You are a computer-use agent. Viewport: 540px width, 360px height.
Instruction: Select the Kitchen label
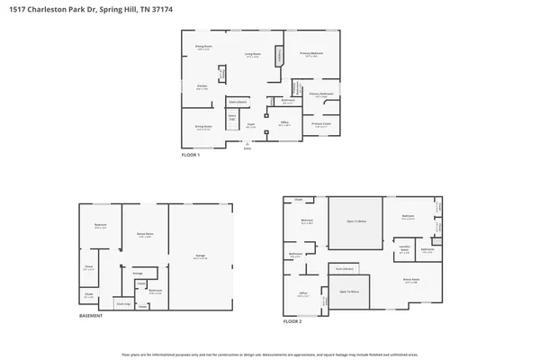(202, 87)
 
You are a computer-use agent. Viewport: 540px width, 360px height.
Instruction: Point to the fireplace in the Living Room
(280, 57)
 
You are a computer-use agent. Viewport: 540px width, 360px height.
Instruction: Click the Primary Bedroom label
(312, 54)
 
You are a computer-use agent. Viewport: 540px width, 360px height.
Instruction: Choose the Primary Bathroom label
(322, 94)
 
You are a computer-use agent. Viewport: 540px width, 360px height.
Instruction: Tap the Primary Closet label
(322, 124)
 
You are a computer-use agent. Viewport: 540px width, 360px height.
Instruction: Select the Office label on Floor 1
(283, 123)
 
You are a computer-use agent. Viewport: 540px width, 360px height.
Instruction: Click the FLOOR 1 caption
(191, 155)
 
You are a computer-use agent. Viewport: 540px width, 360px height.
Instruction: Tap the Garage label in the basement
(201, 256)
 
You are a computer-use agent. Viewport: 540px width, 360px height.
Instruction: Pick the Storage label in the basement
(138, 273)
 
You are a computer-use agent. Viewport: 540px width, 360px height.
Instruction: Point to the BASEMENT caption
(91, 316)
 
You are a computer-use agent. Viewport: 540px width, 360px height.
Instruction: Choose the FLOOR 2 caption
(292, 321)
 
